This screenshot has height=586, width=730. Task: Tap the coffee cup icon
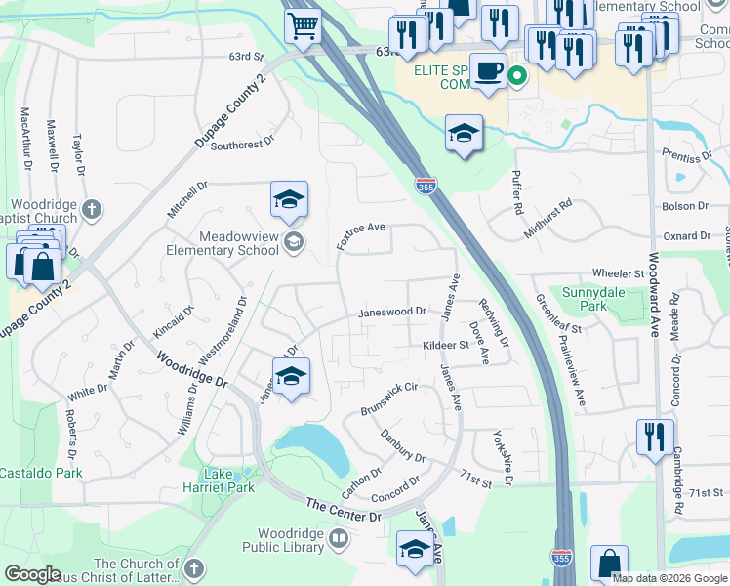pyautogui.click(x=488, y=71)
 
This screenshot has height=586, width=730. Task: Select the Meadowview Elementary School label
pyautogui.click(x=225, y=243)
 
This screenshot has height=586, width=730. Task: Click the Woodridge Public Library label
pyautogui.click(x=291, y=540)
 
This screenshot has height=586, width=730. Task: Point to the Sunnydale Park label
pyautogui.click(x=586, y=299)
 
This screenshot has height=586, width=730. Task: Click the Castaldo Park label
pyautogui.click(x=41, y=473)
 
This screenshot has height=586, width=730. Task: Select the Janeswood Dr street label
pyautogui.click(x=392, y=313)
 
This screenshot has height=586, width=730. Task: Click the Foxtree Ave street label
pyautogui.click(x=360, y=235)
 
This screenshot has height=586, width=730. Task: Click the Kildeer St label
pyautogui.click(x=446, y=345)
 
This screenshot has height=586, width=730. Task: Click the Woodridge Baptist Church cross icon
pyautogui.click(x=91, y=209)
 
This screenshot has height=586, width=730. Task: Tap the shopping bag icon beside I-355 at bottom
pyautogui.click(x=609, y=563)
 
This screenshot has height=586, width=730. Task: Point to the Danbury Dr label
pyautogui.click(x=403, y=445)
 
